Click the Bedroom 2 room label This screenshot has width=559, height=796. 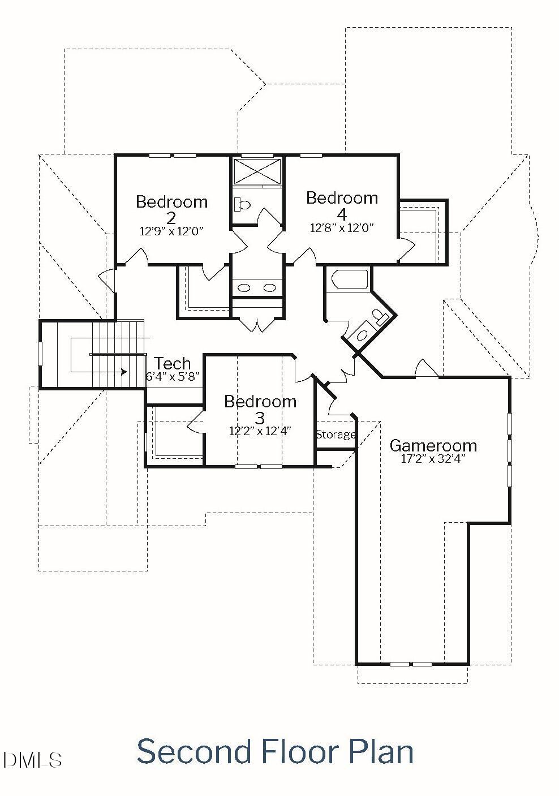click(171, 209)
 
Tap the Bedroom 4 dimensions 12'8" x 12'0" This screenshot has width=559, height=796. click(342, 228)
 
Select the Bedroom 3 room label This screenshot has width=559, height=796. click(260, 409)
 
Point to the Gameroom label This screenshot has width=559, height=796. click(433, 445)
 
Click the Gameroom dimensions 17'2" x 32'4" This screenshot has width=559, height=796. click(433, 459)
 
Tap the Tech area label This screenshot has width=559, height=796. click(172, 363)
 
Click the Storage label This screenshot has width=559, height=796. click(336, 434)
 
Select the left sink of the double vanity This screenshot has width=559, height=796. click(244, 288)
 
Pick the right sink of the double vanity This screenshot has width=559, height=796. click(270, 288)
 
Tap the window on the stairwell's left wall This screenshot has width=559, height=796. click(40, 354)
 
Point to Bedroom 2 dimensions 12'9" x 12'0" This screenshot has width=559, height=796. click(171, 231)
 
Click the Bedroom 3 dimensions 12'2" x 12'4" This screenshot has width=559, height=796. click(260, 431)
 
